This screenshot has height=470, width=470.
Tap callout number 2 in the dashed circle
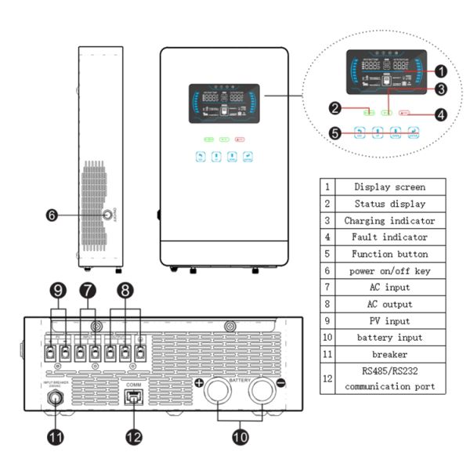pos(334,107)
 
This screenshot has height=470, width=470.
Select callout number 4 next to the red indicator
pos(441,114)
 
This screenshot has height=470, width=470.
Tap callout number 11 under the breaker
pos(56,438)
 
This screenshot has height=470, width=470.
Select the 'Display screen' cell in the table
pos(389,186)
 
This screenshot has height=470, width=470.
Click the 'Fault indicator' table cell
pos(389,237)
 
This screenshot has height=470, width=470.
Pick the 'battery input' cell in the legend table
pos(389,337)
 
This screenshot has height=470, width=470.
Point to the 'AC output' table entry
pos(389,303)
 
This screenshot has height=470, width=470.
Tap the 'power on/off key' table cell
pos(389,270)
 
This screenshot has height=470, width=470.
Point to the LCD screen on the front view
pos(225,103)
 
